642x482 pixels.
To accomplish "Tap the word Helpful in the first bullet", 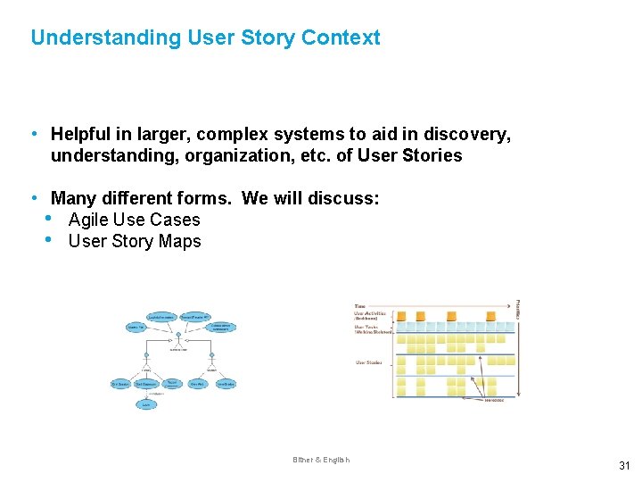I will tap(83, 134).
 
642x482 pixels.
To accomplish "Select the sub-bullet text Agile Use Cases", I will tap(134, 220).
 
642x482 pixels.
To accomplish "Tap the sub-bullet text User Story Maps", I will tap(135, 241).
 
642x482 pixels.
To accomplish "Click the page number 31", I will tap(624, 465).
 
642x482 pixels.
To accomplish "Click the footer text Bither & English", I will tap(321, 460).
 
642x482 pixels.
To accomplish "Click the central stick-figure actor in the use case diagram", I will tap(178, 337).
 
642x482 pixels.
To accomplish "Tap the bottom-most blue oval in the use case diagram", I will tap(144, 403).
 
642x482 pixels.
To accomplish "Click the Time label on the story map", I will tap(359, 305).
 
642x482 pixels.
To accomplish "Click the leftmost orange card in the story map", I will tap(401, 316).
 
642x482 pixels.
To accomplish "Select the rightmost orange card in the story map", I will tap(490, 316).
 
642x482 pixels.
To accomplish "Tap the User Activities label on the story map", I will tap(371, 313).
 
